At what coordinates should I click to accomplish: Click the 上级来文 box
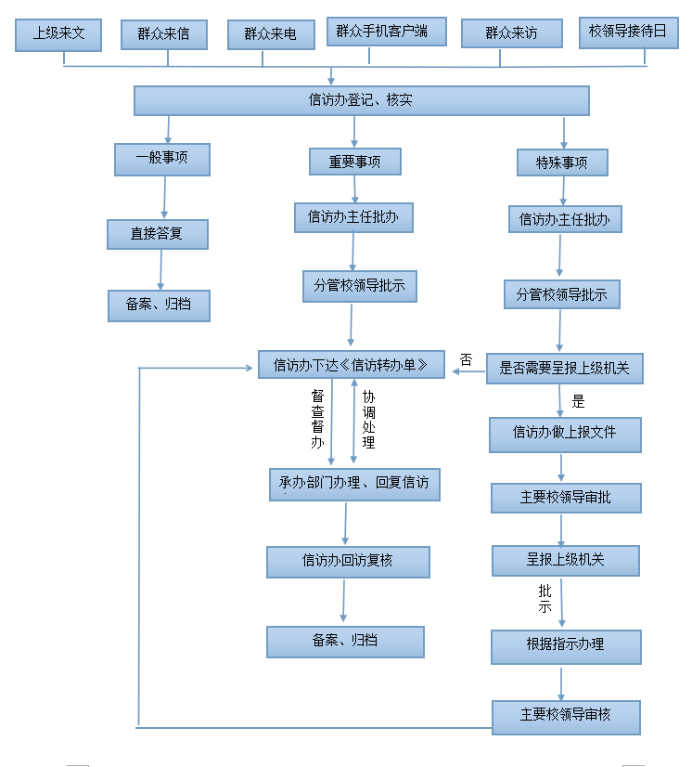click(59, 34)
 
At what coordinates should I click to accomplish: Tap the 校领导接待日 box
click(628, 32)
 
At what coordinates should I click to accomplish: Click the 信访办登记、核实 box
click(361, 100)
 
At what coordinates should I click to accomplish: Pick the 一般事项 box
click(162, 159)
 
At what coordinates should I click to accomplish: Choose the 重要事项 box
click(355, 162)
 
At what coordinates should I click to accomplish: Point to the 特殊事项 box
click(562, 162)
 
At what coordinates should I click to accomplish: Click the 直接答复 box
click(157, 234)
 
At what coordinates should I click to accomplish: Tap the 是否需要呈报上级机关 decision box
click(564, 369)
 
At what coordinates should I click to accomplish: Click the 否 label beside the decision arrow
click(466, 359)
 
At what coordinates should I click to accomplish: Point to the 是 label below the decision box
click(579, 402)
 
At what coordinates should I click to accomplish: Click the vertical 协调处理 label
click(368, 419)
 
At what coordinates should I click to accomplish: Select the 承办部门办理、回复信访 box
click(354, 484)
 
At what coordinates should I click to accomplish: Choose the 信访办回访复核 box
click(348, 561)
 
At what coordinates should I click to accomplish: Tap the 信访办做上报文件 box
click(565, 433)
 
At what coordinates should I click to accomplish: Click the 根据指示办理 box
click(566, 645)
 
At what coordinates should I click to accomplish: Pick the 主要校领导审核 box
click(566, 717)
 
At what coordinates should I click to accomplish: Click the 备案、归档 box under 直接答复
click(159, 305)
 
